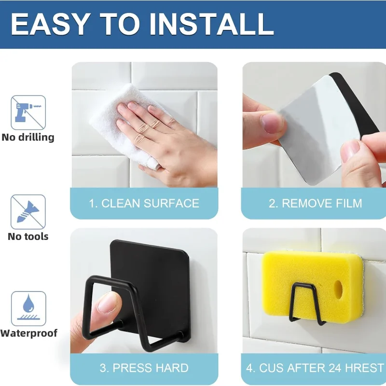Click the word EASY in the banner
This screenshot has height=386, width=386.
click(49, 24)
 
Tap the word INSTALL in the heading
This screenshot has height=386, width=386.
click(211, 24)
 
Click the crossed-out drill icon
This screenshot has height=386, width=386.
click(28, 112)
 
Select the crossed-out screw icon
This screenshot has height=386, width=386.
click(28, 212)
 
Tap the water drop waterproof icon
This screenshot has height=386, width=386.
click(28, 308)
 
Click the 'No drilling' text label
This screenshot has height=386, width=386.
click(28, 137)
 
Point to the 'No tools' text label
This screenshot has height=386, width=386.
click(28, 236)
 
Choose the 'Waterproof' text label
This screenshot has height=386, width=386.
click(29, 333)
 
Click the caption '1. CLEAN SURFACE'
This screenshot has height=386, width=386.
click(144, 203)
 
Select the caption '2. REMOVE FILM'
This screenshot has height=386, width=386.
click(316, 203)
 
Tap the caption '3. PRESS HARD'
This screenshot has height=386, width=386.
click(144, 368)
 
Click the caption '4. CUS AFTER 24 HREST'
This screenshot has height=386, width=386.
click(315, 368)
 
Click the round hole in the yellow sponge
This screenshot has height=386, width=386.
click(339, 289)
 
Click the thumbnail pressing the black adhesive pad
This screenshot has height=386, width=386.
click(108, 303)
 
